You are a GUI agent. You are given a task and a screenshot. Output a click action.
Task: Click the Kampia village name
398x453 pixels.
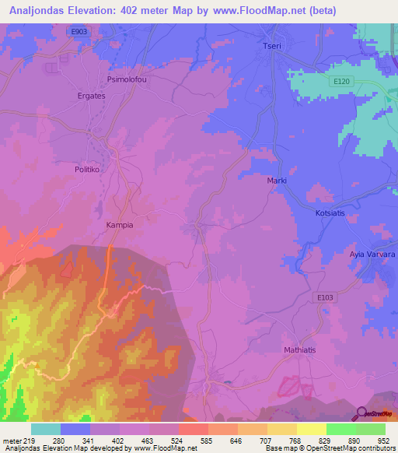[x=120, y=225]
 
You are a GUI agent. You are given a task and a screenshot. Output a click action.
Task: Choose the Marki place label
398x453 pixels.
[x=277, y=181]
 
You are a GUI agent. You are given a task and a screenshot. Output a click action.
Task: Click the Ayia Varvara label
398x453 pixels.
[x=372, y=255]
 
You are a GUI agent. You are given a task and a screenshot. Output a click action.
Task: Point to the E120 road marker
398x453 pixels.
[x=340, y=81]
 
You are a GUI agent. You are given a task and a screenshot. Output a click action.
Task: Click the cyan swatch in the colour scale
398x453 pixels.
[x=46, y=429]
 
